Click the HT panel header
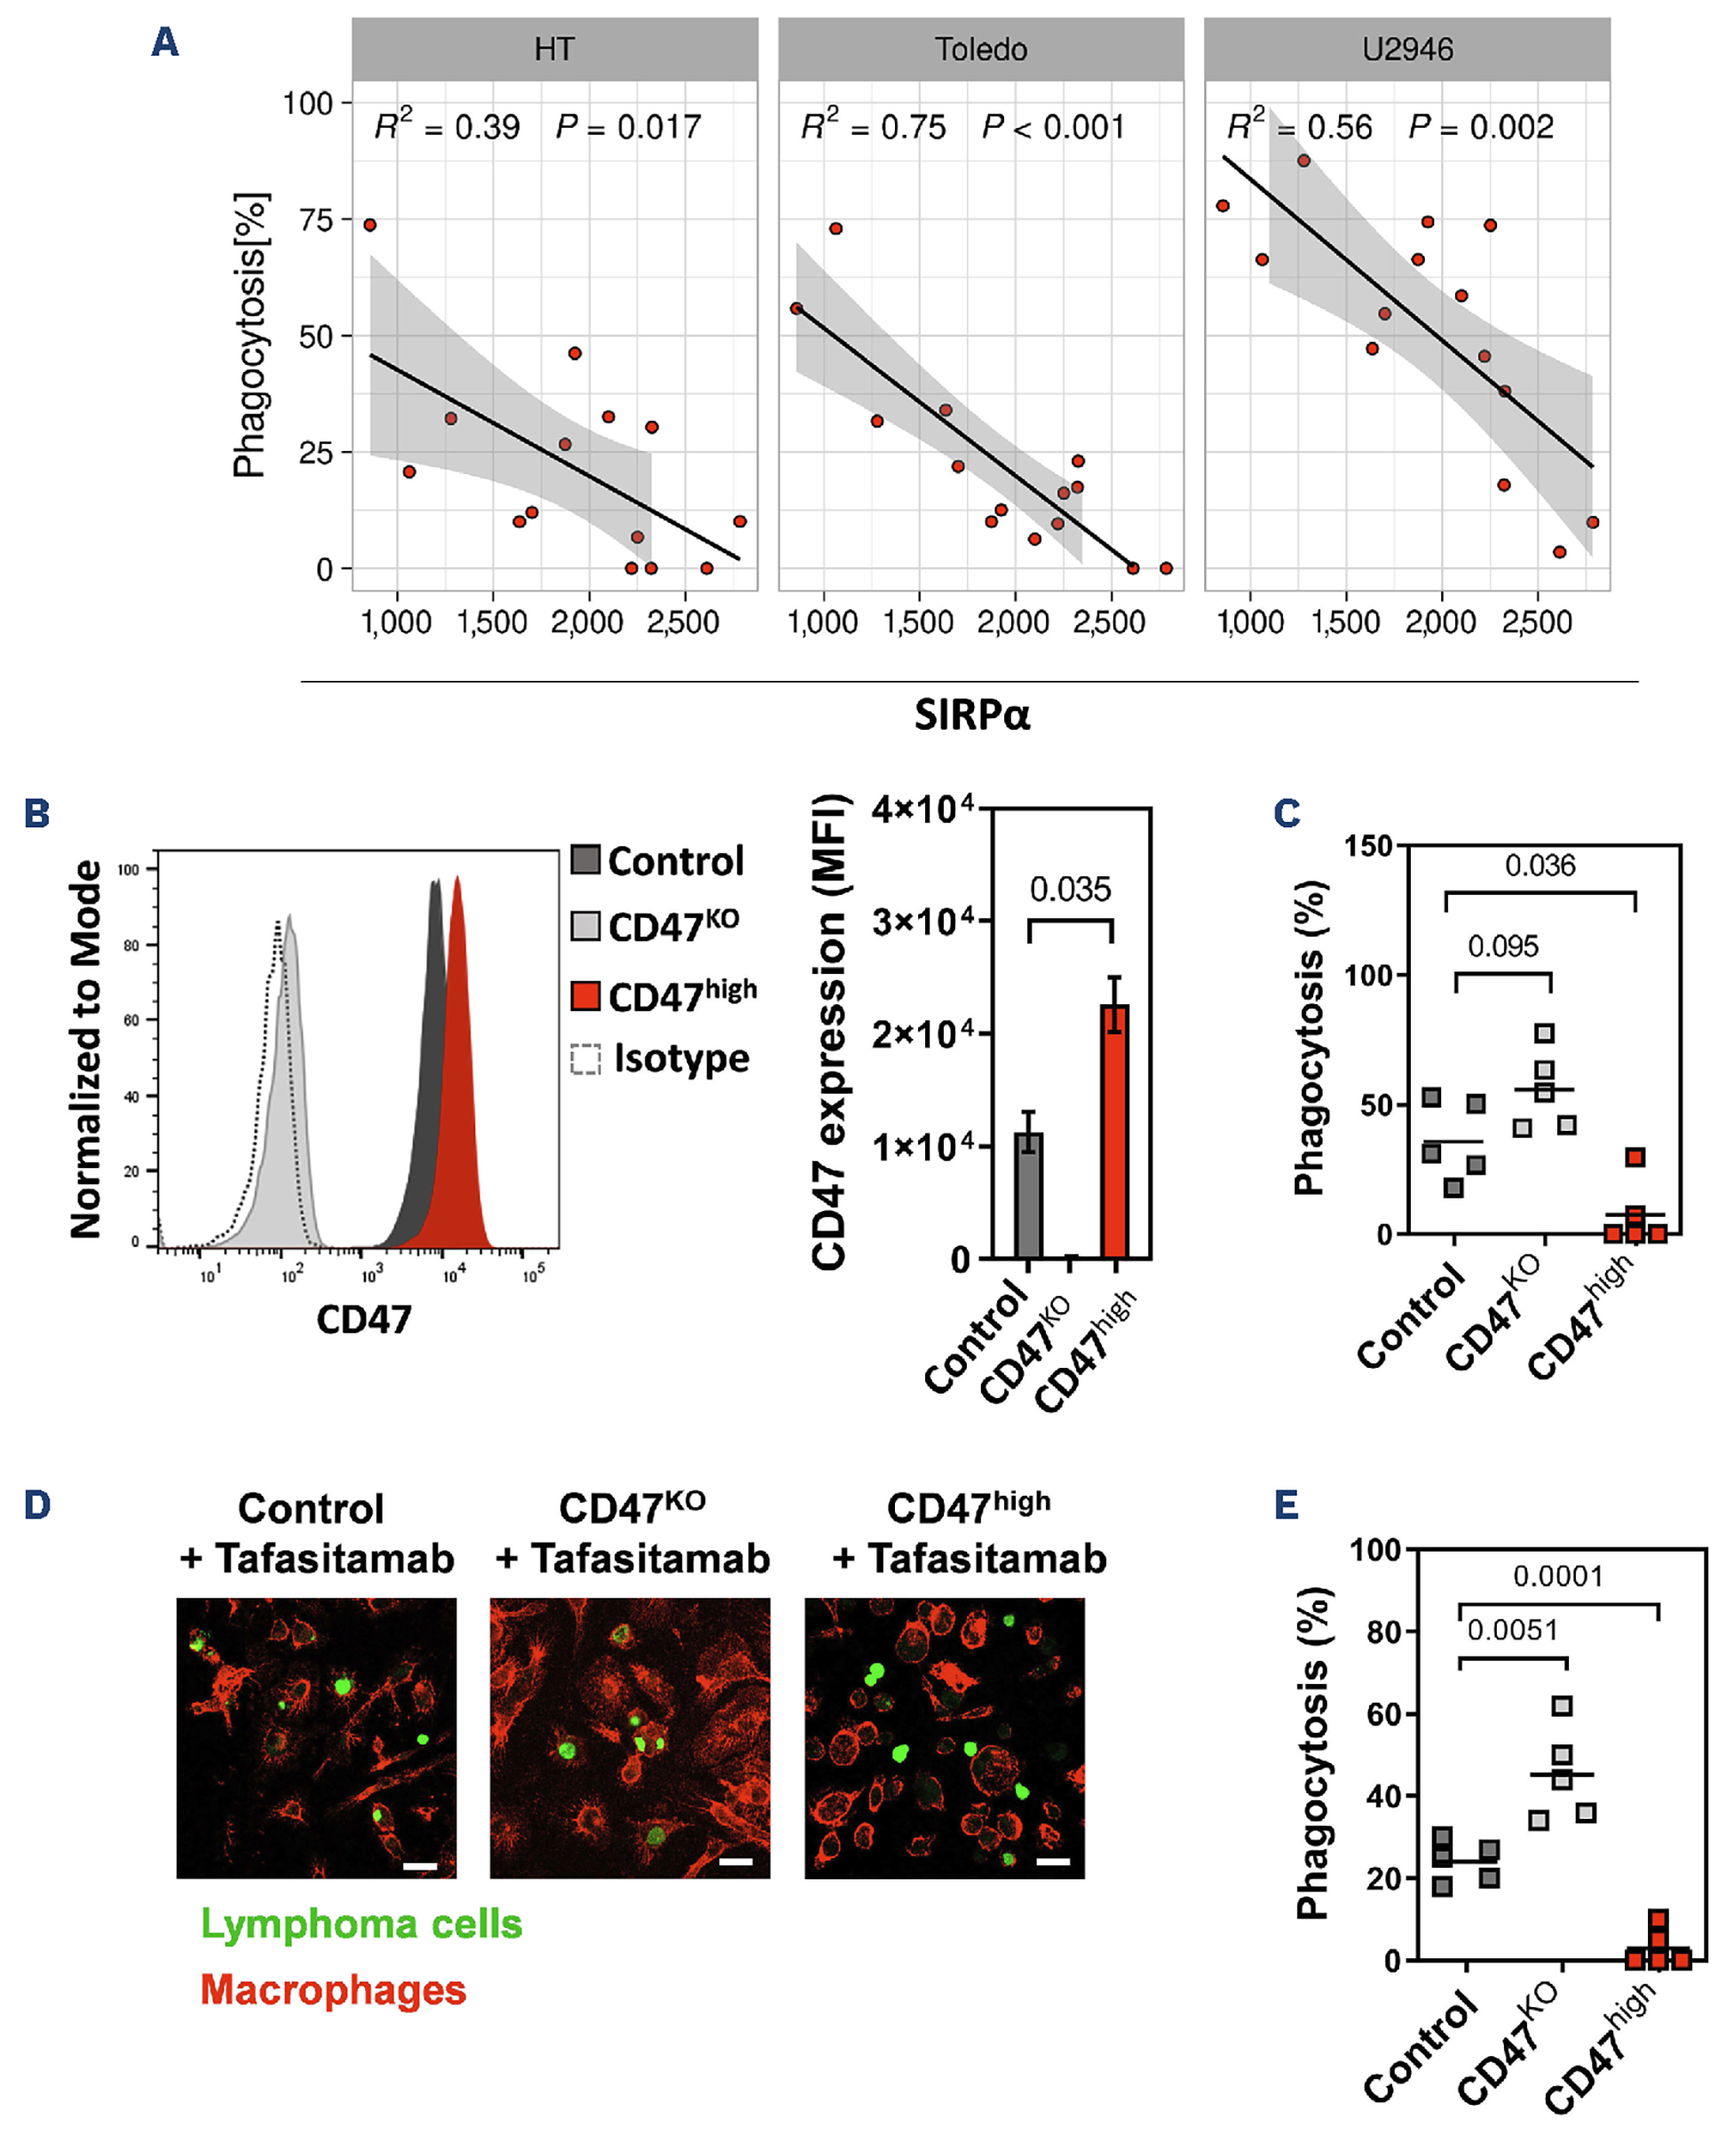click(x=554, y=49)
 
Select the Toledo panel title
click(x=981, y=49)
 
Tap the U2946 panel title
click(x=1407, y=49)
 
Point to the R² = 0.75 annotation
click(x=873, y=126)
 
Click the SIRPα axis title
click(x=972, y=715)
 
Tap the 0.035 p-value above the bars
click(x=1070, y=889)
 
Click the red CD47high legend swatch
click(x=585, y=996)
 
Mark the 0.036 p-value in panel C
click(x=1540, y=865)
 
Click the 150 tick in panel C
click(x=1366, y=846)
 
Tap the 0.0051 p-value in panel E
click(x=1512, y=1630)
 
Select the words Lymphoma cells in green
click(x=361, y=1924)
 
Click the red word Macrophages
click(x=334, y=1989)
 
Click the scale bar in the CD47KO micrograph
click(x=735, y=1862)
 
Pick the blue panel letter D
click(x=37, y=1505)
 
